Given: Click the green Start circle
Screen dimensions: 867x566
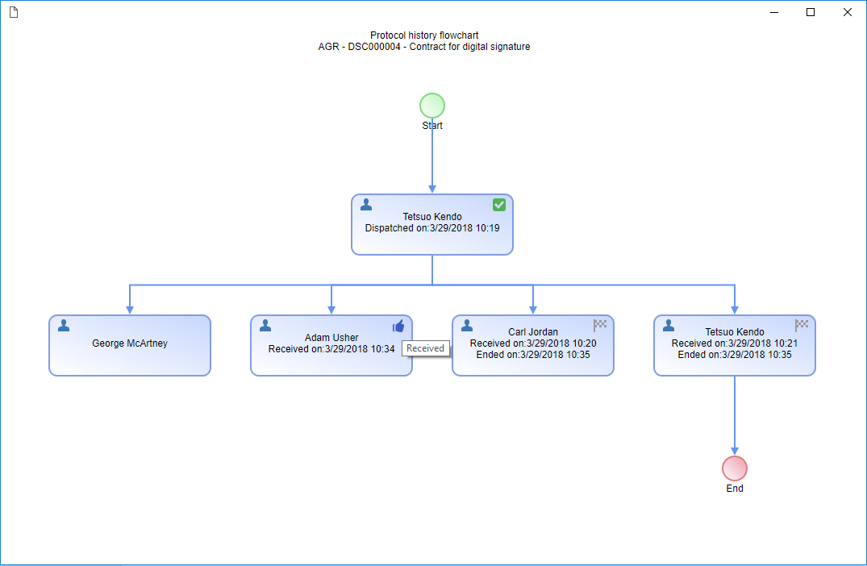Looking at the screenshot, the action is coord(431,106).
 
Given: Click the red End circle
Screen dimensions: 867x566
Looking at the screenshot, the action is coord(734,468).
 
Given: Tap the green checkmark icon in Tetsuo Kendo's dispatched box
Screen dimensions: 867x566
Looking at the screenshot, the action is coord(498,205).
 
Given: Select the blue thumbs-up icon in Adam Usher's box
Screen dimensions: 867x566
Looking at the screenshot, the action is coord(398,326).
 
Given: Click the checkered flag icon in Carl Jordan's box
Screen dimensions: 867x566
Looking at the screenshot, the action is coord(600,325).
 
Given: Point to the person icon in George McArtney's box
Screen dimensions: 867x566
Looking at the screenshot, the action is coord(64,326).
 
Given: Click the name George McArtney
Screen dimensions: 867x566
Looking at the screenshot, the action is coord(130,343).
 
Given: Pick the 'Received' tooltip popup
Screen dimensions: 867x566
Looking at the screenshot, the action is coord(425,348).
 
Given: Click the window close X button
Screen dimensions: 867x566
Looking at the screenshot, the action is coord(847,12).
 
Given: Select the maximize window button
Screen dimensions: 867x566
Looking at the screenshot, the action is coord(811,12).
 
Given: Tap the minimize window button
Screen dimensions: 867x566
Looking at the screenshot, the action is coord(774,12).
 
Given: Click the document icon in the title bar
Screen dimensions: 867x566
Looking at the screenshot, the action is coord(14,12).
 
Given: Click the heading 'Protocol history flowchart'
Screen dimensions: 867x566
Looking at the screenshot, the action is coord(424,35).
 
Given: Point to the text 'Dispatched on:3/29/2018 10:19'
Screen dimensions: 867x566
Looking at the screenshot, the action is coord(431,227).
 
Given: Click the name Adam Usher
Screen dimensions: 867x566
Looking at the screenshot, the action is coord(331,337).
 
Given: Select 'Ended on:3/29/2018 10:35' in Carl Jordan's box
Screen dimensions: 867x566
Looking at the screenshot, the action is coord(533,354).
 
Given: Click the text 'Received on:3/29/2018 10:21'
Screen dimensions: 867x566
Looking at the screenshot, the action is coord(734,343).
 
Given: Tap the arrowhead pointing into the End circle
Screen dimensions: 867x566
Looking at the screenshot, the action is coord(734,452).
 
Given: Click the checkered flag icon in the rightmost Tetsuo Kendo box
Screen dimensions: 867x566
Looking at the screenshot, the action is coord(802,325).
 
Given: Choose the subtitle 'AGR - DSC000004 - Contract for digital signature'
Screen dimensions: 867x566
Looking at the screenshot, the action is coord(424,47).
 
